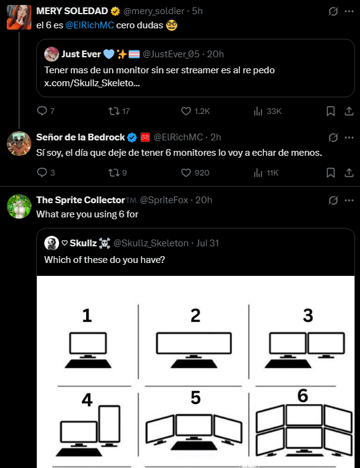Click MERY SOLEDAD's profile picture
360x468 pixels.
[19, 17]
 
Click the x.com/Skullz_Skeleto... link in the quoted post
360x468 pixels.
[92, 83]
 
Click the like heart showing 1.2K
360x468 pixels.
[186, 111]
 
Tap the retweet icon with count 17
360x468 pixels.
[113, 111]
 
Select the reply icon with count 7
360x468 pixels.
[42, 111]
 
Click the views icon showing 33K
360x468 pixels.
[258, 111]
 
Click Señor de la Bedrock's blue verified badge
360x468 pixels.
[131, 137]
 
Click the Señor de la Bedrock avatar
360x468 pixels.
[19, 143]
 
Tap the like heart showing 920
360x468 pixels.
[186, 173]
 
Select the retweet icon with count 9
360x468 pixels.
[113, 173]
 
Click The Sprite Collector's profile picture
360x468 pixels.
[19, 206]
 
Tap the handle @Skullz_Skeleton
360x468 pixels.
[151, 243]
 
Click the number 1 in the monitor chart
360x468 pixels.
[87, 316]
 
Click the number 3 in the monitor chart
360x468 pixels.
[308, 315]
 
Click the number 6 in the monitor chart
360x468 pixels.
[302, 396]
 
